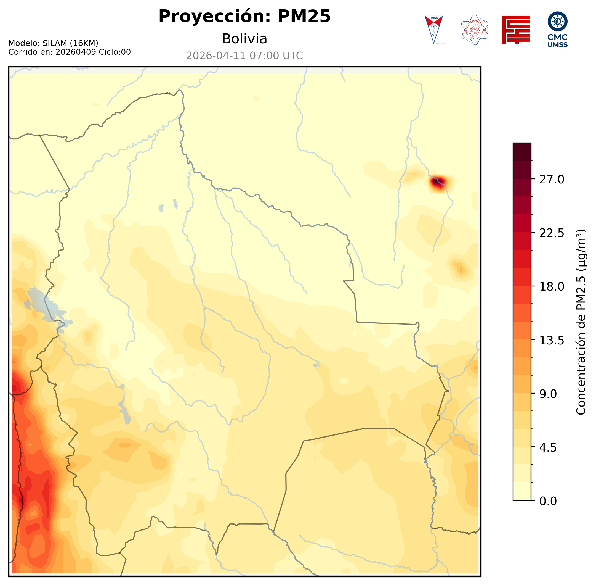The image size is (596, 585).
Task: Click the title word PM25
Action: (304, 16)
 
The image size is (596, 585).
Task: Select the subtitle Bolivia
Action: (244, 39)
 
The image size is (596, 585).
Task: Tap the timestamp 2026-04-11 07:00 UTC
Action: (244, 56)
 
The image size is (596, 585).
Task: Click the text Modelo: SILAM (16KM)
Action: (53, 43)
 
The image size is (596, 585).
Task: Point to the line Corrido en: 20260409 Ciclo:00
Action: (69, 52)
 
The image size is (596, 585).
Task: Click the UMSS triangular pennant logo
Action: (434, 30)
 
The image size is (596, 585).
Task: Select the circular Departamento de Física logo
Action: (475, 30)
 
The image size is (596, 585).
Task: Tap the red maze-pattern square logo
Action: (516, 30)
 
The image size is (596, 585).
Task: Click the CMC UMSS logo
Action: (558, 30)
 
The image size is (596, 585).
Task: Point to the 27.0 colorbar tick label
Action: (552, 180)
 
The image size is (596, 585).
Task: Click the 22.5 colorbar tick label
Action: (552, 233)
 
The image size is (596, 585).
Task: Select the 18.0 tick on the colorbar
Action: (552, 287)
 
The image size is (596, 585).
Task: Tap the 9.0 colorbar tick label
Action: (548, 394)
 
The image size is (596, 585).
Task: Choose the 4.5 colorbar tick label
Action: (548, 448)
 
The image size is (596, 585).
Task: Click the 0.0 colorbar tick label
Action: (548, 501)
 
